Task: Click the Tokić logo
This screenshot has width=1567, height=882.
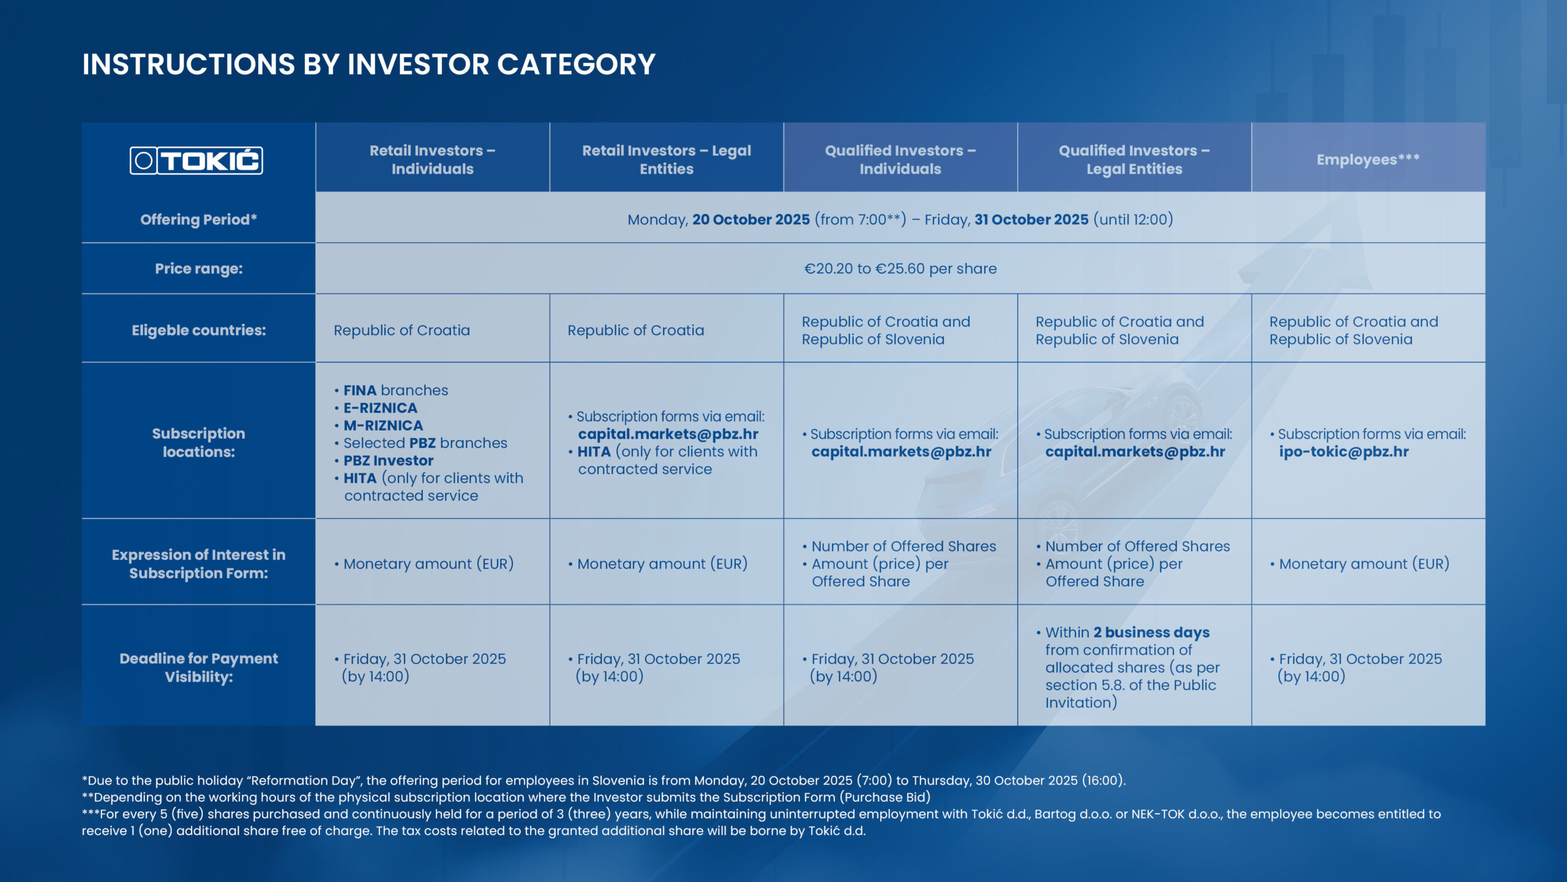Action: [x=196, y=160]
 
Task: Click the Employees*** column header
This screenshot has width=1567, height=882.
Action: [x=1367, y=159]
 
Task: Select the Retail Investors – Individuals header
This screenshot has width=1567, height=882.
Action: [x=432, y=159]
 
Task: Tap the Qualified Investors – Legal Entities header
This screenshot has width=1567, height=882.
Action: [x=1134, y=159]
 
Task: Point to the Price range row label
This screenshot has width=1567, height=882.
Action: [x=198, y=268]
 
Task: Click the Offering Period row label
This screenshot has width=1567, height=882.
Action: [x=198, y=219]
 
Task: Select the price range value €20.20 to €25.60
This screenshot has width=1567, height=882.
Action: [x=900, y=268]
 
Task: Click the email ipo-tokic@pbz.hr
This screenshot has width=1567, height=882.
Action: [x=1344, y=452]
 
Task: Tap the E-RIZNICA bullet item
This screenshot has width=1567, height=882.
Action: [x=380, y=408]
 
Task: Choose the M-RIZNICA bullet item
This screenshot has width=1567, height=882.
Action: [x=383, y=426]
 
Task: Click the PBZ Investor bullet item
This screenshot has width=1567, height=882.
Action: [x=388, y=461]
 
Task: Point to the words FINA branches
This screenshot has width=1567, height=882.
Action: [x=395, y=390]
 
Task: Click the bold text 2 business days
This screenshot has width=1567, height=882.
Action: [x=1151, y=632]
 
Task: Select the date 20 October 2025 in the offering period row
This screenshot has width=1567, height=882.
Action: [x=750, y=219]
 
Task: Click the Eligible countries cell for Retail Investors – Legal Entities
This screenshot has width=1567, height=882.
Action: [x=635, y=330]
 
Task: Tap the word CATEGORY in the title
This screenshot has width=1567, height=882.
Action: [x=576, y=64]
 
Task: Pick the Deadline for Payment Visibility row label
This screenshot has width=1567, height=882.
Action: [x=198, y=667]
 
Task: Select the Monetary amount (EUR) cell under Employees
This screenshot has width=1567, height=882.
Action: [x=1364, y=563]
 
